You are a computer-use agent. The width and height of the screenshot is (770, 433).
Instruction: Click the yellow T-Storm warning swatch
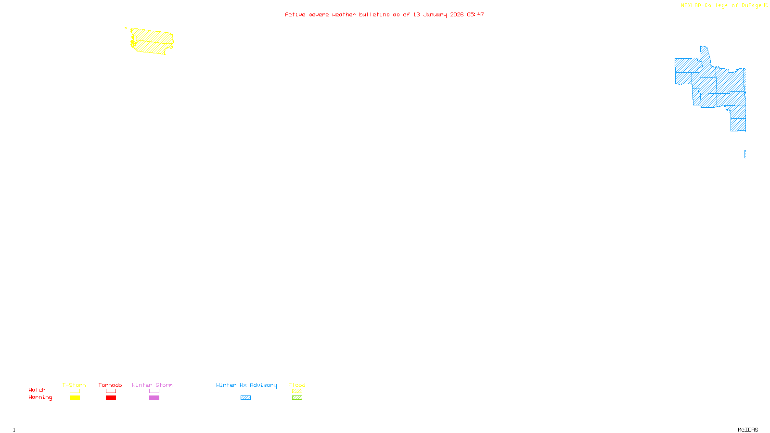point(75,398)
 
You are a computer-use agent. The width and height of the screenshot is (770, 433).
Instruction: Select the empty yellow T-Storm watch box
point(75,391)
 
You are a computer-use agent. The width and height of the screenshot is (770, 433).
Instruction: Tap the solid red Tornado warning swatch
point(111,398)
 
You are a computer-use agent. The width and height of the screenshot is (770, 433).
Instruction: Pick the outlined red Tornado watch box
point(111,391)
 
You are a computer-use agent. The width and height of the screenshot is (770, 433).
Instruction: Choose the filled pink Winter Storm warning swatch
point(154,398)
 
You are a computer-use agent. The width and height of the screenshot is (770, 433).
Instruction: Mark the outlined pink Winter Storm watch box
point(154,391)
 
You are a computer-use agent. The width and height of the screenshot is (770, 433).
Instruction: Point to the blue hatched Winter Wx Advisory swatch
point(245,398)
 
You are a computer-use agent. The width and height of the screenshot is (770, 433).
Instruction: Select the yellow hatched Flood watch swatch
point(297,391)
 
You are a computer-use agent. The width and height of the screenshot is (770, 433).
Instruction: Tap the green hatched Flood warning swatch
point(297,398)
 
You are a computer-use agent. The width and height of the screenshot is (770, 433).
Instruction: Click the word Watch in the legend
point(37,390)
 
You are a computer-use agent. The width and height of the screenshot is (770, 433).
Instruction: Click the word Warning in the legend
point(40,397)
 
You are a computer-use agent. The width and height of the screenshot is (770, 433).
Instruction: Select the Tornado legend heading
point(110,385)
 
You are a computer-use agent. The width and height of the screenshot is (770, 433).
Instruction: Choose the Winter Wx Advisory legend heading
point(246,385)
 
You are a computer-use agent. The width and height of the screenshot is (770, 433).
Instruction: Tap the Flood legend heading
point(297,385)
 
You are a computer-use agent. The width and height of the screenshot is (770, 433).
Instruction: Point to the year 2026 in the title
point(457,14)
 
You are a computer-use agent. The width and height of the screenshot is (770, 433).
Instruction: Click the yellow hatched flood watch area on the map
point(152,41)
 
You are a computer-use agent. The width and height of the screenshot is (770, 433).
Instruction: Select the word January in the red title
point(435,14)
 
